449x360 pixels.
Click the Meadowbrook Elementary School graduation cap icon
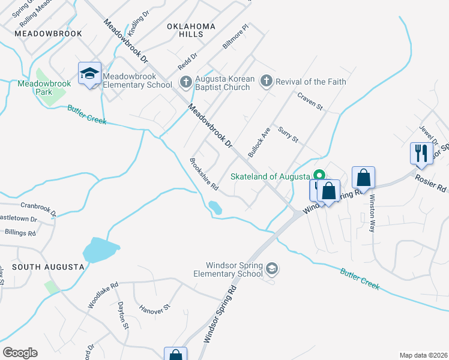89,73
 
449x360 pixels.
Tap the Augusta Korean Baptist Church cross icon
187,81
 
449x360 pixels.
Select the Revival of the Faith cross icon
267,81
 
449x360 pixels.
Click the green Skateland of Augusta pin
319,176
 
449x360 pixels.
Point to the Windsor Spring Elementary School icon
272,268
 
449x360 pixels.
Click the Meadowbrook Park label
44,88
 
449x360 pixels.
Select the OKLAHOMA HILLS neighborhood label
191,31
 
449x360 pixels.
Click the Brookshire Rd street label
203,174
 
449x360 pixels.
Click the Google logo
20,353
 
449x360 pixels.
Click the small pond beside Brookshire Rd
214,208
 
